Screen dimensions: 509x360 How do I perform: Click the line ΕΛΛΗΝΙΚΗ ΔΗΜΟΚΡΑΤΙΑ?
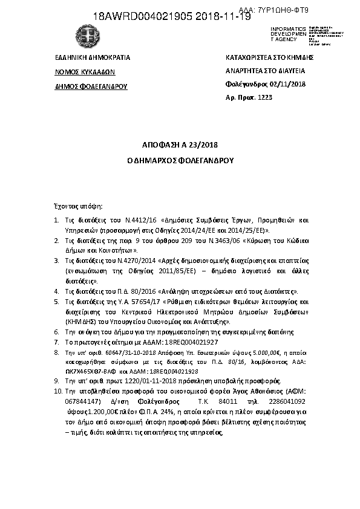click(93, 58)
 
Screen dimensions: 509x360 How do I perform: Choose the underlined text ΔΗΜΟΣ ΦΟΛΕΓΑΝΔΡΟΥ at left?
click(91, 86)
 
